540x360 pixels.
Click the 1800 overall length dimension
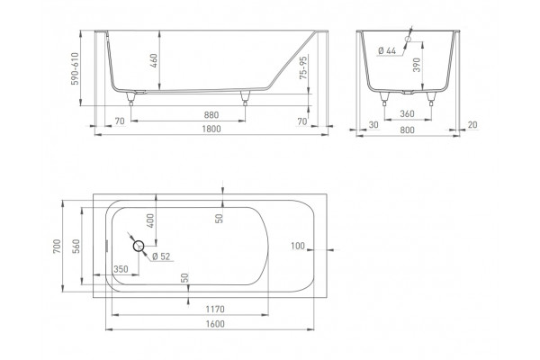211,130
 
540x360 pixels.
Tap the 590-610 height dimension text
75,68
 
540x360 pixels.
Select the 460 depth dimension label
154,60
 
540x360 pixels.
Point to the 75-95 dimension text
303,67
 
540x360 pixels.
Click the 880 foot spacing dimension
211,115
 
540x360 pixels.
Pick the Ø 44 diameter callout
387,50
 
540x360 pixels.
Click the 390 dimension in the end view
417,65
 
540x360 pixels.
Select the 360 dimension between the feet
407,113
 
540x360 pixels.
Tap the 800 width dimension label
408,130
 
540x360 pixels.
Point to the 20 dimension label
472,125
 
